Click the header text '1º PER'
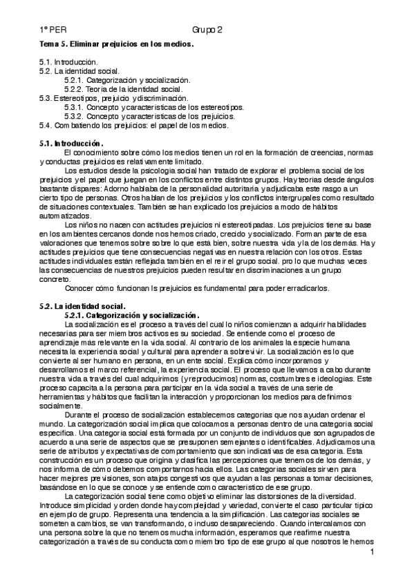(53, 31)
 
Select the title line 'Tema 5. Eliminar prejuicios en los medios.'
(116, 45)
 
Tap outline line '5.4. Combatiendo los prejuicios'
(133, 125)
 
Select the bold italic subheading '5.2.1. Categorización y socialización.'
(132, 314)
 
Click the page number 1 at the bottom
(372, 552)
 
